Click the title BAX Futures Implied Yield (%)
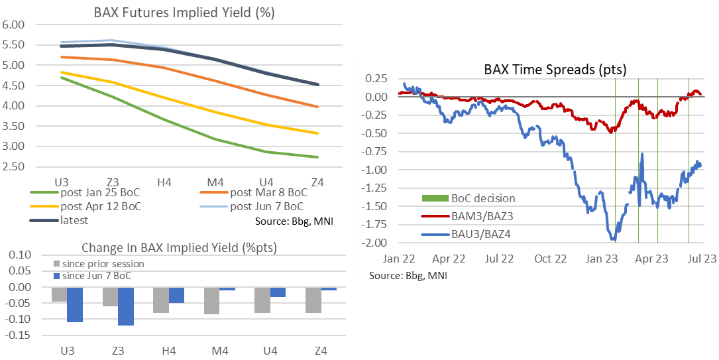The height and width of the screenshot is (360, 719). click(175, 12)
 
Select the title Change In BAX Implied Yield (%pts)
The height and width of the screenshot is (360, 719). click(176, 248)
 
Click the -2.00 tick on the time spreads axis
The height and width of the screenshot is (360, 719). click(377, 243)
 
